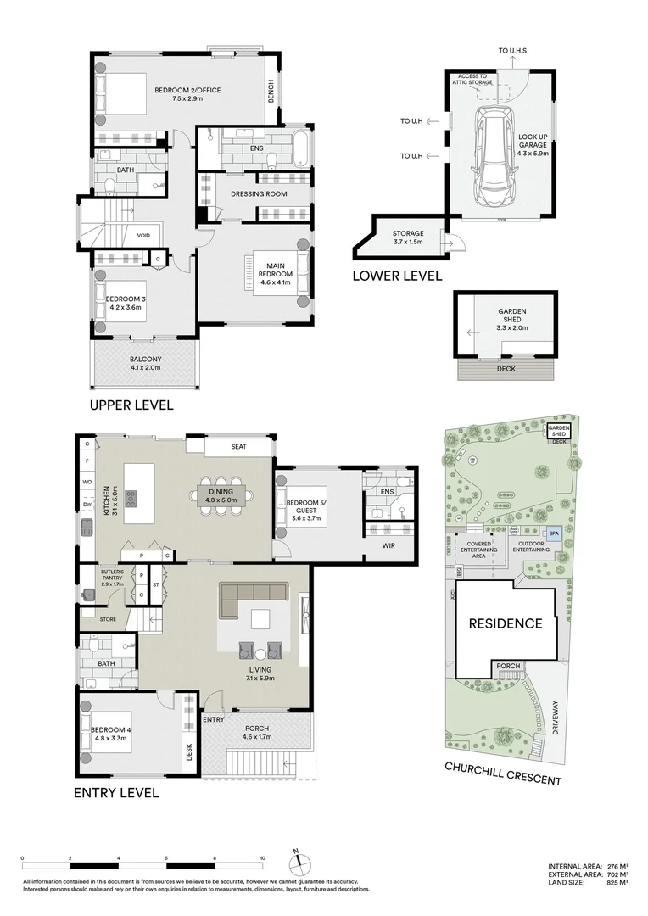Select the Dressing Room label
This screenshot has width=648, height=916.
tap(259, 194)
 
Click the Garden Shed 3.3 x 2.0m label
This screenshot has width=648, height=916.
tap(512, 318)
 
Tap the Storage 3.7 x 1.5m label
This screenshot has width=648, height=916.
tap(407, 238)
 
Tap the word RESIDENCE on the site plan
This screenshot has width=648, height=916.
tap(506, 623)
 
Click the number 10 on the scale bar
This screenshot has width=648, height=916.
tap(263, 857)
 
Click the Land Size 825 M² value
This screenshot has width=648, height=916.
tap(617, 883)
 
